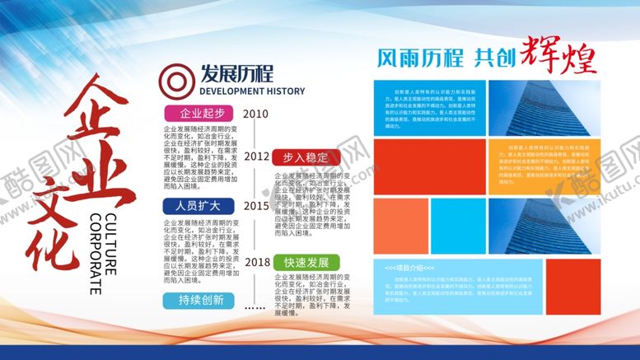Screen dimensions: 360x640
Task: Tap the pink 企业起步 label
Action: (196, 113)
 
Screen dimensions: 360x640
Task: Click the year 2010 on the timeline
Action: (256, 114)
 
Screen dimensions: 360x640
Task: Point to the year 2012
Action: (257, 156)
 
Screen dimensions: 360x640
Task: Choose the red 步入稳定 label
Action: (305, 157)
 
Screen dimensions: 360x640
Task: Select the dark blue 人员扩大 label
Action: (196, 205)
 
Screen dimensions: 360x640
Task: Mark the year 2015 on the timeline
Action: (256, 206)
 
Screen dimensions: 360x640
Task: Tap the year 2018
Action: (257, 262)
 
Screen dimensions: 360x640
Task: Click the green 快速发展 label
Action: (306, 262)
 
